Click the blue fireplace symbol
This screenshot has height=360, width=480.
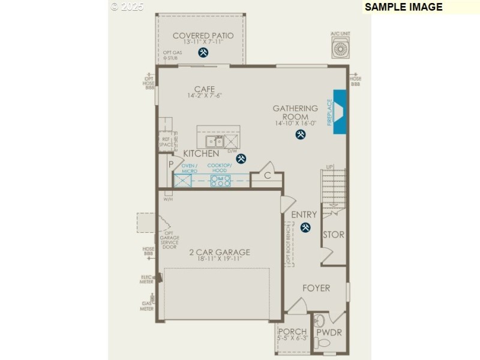point(340,112)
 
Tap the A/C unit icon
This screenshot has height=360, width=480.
point(340,49)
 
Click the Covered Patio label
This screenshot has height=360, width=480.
point(203,36)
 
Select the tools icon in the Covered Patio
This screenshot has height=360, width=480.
point(203,53)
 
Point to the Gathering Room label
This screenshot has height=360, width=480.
point(295,112)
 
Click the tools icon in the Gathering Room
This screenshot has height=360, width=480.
point(300,135)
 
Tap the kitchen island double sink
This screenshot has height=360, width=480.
point(214,142)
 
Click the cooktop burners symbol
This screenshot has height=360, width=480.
point(220,181)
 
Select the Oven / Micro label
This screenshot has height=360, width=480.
point(190,168)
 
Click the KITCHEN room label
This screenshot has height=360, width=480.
point(201,154)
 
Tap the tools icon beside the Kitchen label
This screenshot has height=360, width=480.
point(241,158)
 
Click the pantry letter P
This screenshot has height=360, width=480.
point(171,164)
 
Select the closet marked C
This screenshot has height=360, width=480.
point(268,176)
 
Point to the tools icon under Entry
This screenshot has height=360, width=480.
point(305,227)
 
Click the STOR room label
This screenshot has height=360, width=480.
point(334,235)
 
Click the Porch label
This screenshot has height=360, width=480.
point(293,332)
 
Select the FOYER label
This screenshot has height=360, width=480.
point(316,288)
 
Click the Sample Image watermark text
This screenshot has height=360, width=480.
point(403,7)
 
